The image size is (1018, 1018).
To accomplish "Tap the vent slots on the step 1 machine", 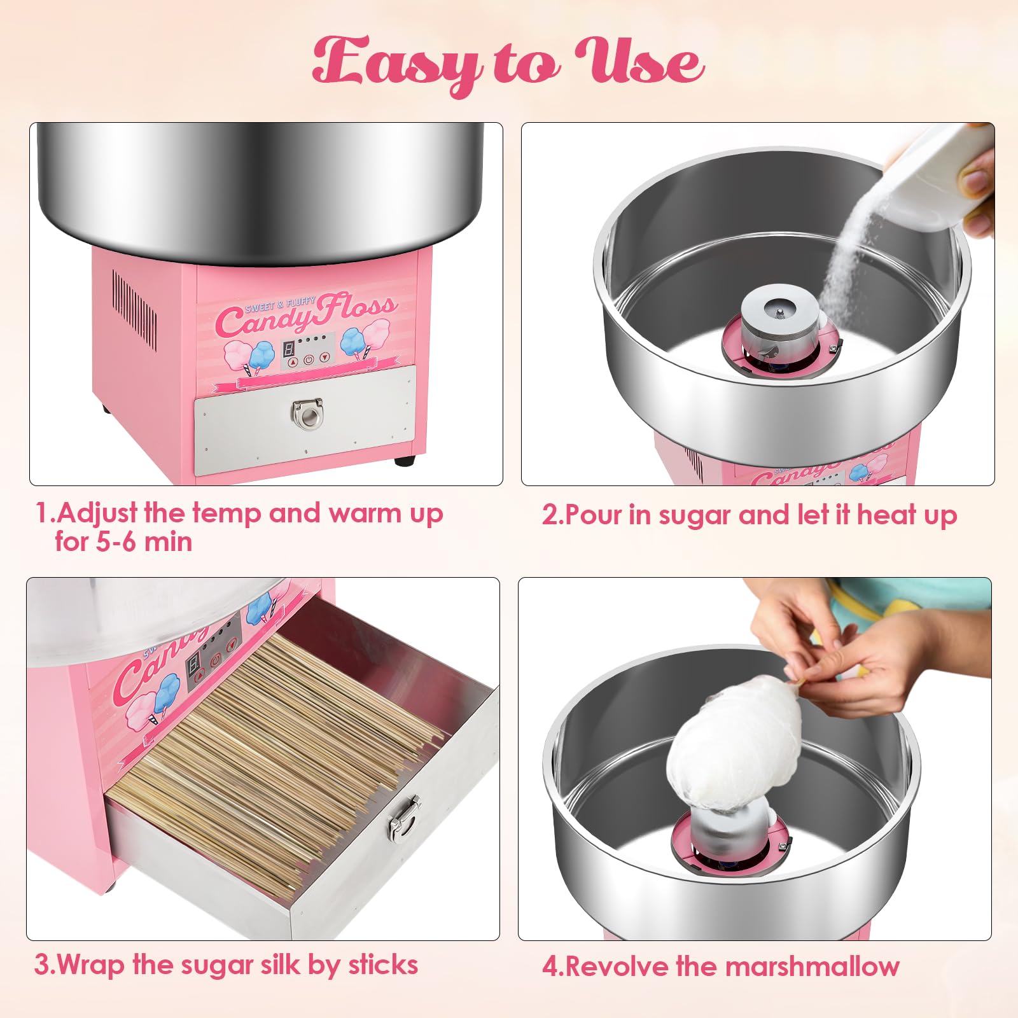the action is [x=134, y=308].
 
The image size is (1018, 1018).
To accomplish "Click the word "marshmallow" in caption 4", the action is [x=812, y=966].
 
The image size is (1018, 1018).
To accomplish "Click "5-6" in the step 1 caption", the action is [x=116, y=542].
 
